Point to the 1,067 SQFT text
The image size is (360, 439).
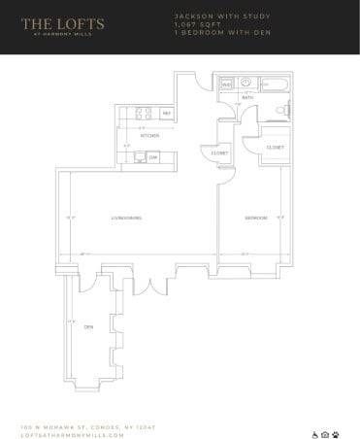click(190, 24)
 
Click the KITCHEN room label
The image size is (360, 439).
click(149, 135)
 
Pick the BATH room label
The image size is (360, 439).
click(247, 98)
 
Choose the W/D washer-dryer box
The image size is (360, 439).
click(226, 85)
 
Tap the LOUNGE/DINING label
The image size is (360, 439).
click(127, 219)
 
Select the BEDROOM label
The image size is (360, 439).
click(254, 219)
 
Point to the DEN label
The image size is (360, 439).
click(87, 326)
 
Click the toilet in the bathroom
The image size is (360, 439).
click(282, 110)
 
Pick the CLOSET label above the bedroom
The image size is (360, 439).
click(276, 147)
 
